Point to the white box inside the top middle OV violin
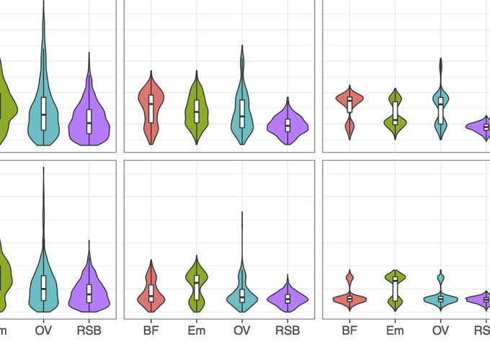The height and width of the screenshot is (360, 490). point(242,110)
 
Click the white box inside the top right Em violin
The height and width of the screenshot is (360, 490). point(395,113)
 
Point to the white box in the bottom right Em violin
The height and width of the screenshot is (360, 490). point(395,289)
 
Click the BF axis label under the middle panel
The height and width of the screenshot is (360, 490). point(151,331)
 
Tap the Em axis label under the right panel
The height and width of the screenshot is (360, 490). point(395,331)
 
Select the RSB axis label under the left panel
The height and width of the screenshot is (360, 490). point(89,331)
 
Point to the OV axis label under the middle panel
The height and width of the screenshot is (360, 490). point(242,331)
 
